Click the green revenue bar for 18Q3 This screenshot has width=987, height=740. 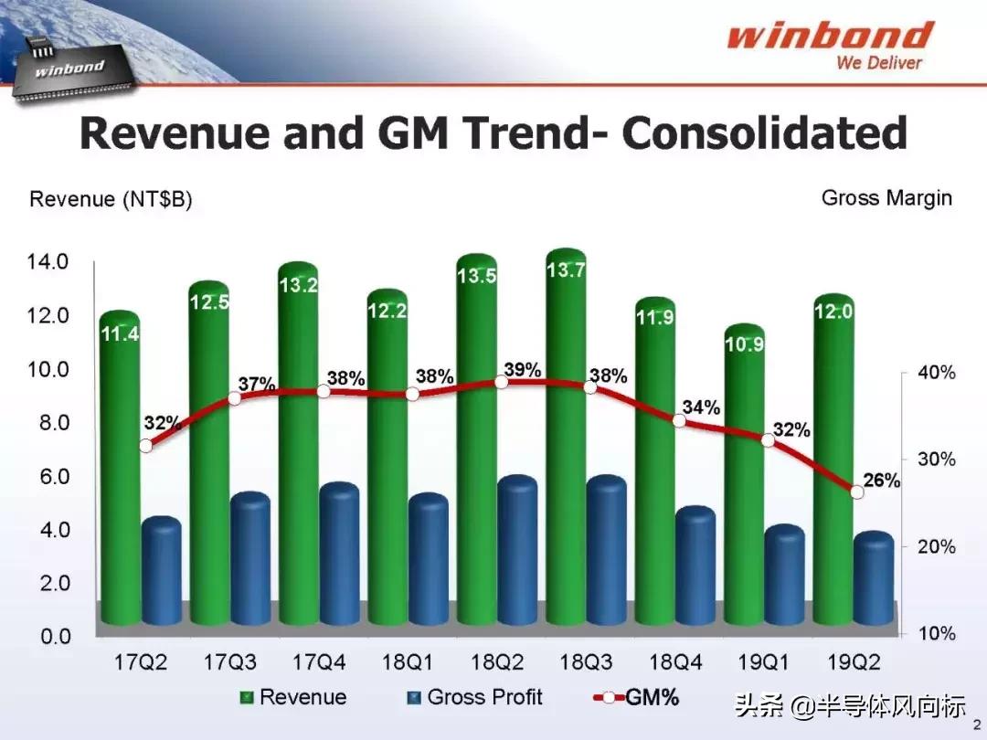pos(566,439)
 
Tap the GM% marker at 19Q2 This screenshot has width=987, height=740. pos(856,492)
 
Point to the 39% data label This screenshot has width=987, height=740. pos(522,370)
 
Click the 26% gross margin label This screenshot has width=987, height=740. pos(882,480)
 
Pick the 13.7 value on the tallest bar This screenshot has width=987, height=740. pos(566,270)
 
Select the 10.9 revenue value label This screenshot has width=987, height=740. pos(744,344)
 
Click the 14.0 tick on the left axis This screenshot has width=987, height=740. pos(47,262)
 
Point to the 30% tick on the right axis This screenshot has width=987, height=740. pos(936,460)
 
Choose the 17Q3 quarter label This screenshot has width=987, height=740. pos(230,661)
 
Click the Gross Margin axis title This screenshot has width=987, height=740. pos(886,197)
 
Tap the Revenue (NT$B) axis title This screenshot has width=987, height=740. pos(111,199)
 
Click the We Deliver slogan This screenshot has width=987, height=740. pos(878,63)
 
